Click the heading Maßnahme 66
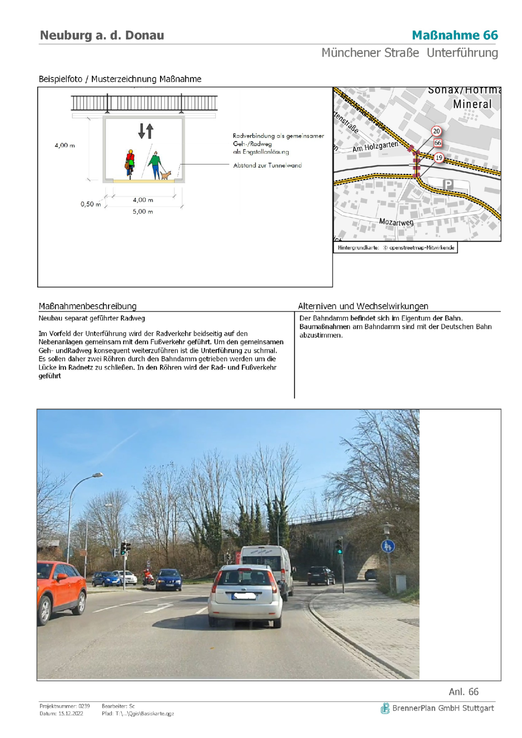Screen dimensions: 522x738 coord(454,35)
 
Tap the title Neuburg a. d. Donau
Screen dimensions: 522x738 coord(102,35)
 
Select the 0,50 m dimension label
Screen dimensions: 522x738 coord(90,204)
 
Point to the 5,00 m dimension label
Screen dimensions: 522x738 coord(142,212)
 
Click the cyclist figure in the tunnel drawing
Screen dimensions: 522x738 coord(130,162)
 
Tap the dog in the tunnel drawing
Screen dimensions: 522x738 coord(165,175)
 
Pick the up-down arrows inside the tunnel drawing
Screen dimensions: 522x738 coord(146,131)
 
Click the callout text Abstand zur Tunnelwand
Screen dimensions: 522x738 coord(267,165)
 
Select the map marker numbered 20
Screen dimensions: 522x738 coord(436,131)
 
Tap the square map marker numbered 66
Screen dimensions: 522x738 coord(438,143)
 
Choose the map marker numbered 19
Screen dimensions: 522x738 coord(438,157)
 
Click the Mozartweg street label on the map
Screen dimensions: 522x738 coord(396,222)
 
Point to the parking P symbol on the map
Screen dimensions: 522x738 coord(448,184)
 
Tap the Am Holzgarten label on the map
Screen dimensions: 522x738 coord(375,146)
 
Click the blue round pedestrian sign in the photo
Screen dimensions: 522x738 coord(388,546)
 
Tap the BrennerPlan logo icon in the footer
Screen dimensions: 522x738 coord(385,708)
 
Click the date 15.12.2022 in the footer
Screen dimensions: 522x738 coord(70,713)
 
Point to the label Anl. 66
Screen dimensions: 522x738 coord(463,692)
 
